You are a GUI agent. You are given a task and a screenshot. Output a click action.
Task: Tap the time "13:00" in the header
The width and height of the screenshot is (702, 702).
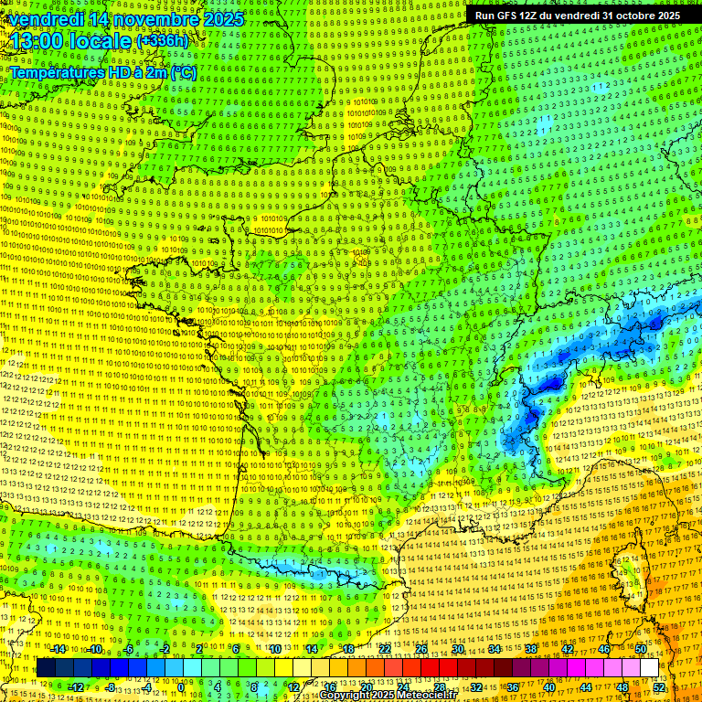click(x=35, y=41)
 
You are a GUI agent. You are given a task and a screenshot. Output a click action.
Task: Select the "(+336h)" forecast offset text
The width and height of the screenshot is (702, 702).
click(x=162, y=41)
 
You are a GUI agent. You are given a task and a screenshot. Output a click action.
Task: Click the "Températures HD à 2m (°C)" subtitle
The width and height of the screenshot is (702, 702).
click(x=102, y=71)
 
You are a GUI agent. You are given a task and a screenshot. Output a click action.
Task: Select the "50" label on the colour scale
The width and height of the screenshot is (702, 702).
click(x=640, y=649)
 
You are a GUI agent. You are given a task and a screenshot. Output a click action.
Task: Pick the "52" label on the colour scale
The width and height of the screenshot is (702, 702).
click(x=659, y=687)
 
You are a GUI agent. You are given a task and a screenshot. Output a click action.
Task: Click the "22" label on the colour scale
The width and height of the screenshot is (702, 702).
click(x=385, y=649)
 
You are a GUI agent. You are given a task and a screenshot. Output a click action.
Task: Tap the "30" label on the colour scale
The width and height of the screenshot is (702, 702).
click(x=458, y=649)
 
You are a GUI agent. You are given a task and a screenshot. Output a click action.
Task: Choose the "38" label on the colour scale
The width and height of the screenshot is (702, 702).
click(x=531, y=649)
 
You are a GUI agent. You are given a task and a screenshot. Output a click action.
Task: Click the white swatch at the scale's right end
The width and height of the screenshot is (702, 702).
click(x=649, y=668)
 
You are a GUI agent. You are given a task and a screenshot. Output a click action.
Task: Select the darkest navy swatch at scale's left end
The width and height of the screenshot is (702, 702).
click(x=46, y=668)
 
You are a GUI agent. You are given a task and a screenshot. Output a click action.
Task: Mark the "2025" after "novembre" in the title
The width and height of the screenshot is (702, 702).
click(x=224, y=19)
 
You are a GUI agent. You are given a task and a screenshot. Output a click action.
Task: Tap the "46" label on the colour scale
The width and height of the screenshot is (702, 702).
click(x=604, y=649)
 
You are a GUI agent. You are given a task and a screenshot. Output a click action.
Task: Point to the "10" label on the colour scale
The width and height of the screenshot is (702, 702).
click(x=275, y=649)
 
